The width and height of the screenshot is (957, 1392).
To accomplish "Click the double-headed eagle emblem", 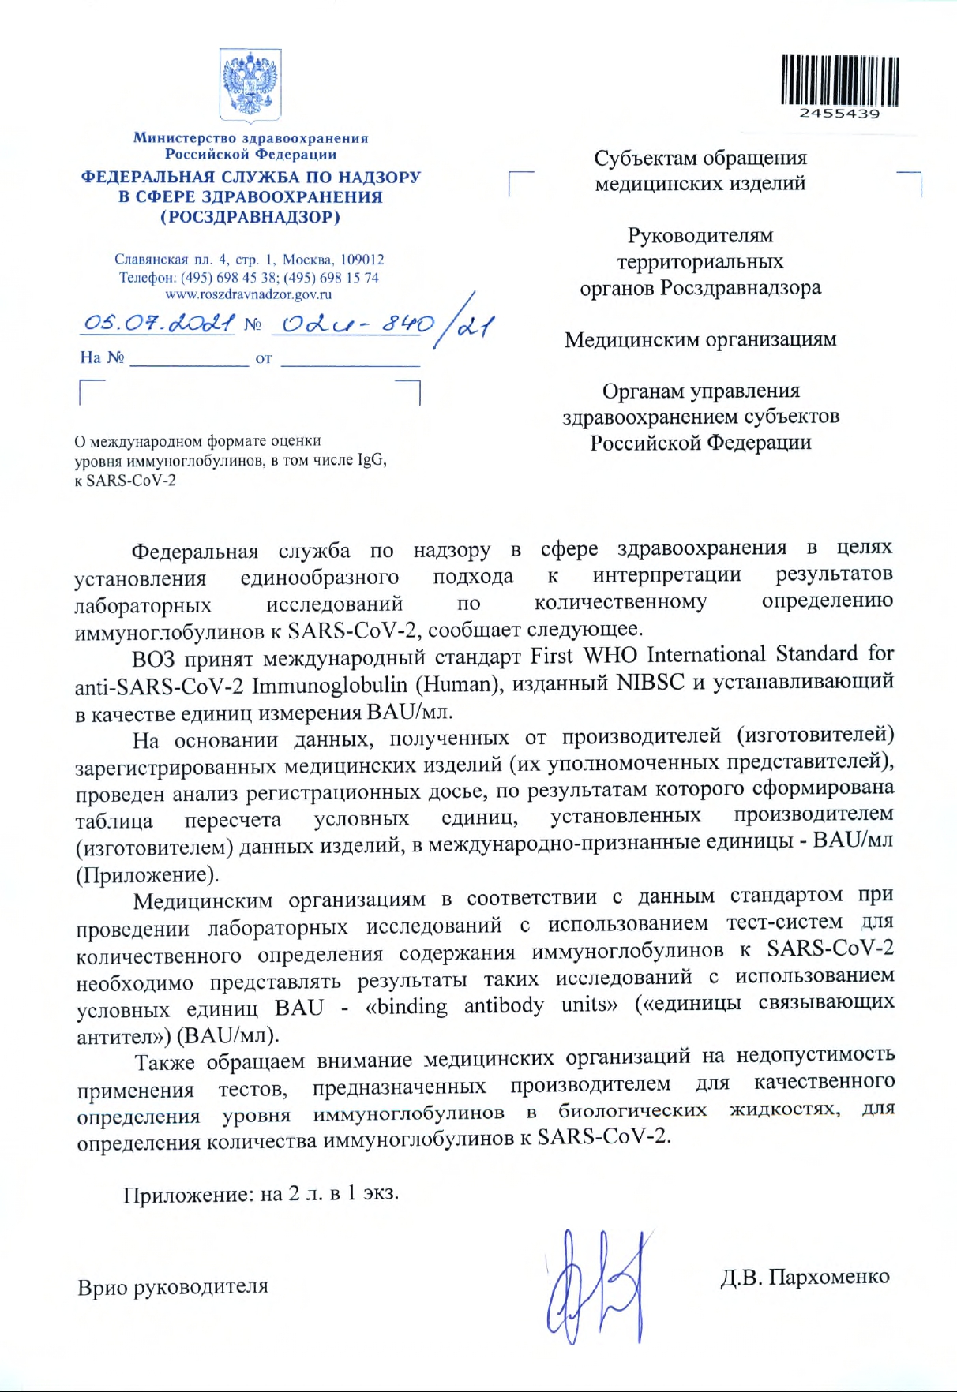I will click(x=250, y=84).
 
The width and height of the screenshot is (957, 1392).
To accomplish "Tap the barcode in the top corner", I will click(x=840, y=80).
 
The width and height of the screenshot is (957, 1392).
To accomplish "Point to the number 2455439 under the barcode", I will click(x=839, y=114).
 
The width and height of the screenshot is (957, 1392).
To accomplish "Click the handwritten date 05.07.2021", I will click(x=159, y=323).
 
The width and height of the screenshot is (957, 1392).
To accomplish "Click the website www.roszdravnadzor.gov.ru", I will click(x=249, y=294).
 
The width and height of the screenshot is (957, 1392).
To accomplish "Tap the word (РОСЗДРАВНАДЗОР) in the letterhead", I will click(x=250, y=217).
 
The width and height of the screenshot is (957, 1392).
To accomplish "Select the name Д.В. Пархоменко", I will click(x=805, y=1276).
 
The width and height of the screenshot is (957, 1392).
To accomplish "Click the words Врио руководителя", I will click(x=173, y=1287).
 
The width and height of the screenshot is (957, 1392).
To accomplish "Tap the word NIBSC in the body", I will click(x=651, y=683).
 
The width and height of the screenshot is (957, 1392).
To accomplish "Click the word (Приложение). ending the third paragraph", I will click(x=147, y=875).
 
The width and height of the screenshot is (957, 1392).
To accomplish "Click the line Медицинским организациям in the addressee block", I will click(x=700, y=339).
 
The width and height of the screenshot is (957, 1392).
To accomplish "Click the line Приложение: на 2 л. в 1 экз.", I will click(x=261, y=1193).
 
